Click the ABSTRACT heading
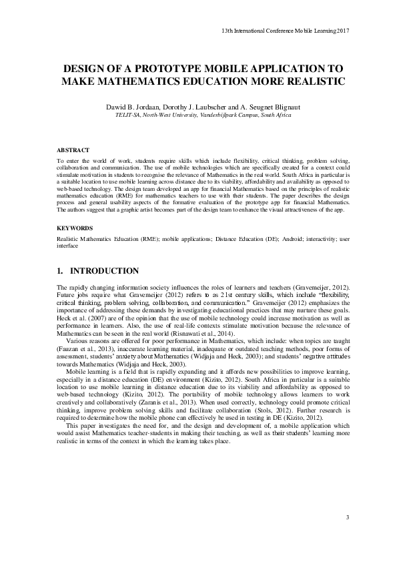tap(73, 151)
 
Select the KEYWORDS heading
tap(75, 228)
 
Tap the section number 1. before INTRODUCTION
tap(61, 271)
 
